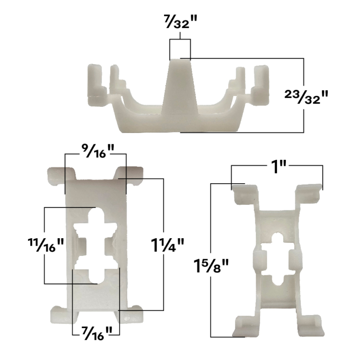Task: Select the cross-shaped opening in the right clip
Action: [x=276, y=260]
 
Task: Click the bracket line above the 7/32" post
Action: [x=180, y=41]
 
